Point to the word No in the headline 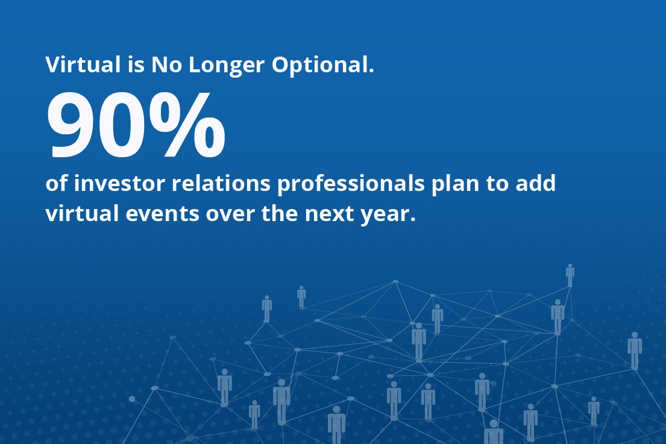[x=167, y=65]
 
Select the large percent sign [x=187, y=125]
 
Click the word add [x=536, y=183]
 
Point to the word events [x=162, y=214]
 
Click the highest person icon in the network [x=570, y=275]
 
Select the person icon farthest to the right [x=635, y=351]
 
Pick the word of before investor [x=57, y=183]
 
